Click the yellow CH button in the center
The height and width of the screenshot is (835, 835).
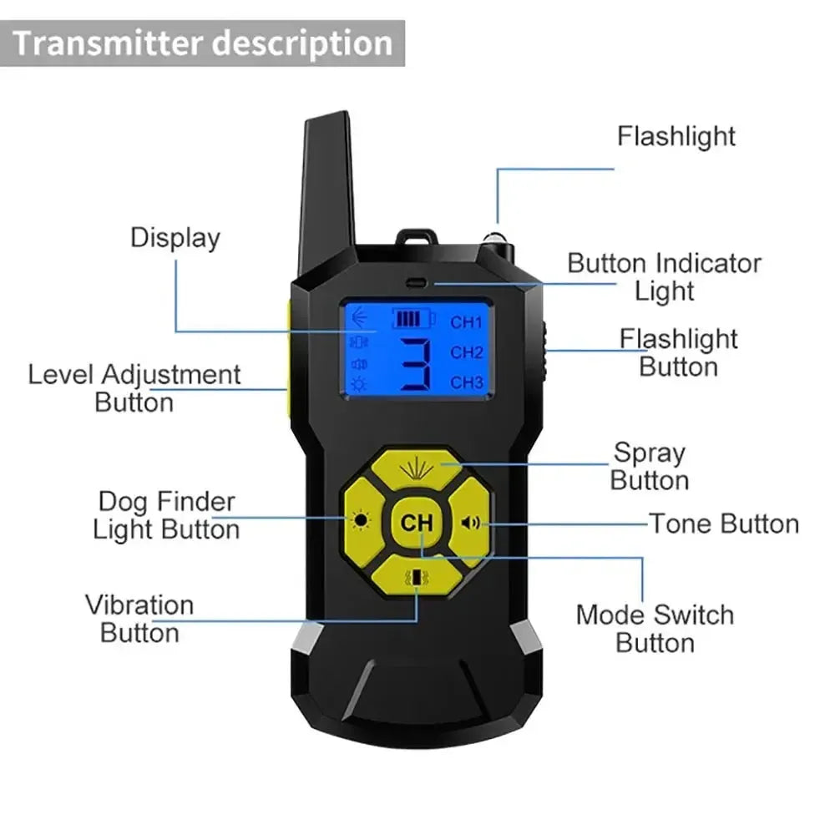[x=417, y=523]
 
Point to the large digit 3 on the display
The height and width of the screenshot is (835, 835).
[x=415, y=364]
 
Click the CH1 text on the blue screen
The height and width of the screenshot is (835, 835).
[x=467, y=321]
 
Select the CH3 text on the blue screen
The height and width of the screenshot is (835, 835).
[x=467, y=382]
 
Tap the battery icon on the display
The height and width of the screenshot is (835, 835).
[x=415, y=319]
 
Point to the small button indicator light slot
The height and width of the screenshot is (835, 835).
[x=415, y=283]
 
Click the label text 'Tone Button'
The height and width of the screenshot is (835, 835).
[x=724, y=524]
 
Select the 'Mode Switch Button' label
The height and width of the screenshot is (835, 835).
[x=655, y=629]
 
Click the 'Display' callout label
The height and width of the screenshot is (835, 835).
[x=175, y=237]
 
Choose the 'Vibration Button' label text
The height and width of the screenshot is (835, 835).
[x=139, y=618]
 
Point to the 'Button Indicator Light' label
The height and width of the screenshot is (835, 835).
[x=665, y=276]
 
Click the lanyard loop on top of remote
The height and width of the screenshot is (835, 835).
[x=417, y=237]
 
